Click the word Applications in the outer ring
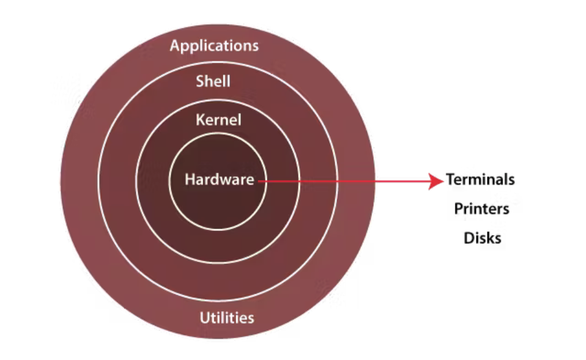click(x=214, y=46)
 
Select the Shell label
click(x=213, y=81)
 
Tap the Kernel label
click(x=218, y=120)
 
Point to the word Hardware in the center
click(x=220, y=179)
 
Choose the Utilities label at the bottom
click(x=227, y=318)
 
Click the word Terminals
click(x=480, y=179)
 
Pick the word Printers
click(x=482, y=209)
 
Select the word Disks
click(x=483, y=238)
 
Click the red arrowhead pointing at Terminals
click(x=436, y=182)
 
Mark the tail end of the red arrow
click(x=259, y=182)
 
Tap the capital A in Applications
click(x=176, y=45)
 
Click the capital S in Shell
click(x=200, y=81)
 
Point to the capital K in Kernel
click(x=201, y=120)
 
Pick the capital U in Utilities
click(x=205, y=318)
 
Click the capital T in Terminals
click(x=450, y=179)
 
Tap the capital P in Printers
click(x=459, y=208)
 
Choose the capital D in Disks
click(x=469, y=238)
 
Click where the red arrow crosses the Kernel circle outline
click(x=299, y=182)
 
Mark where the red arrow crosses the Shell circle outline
click(x=337, y=182)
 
